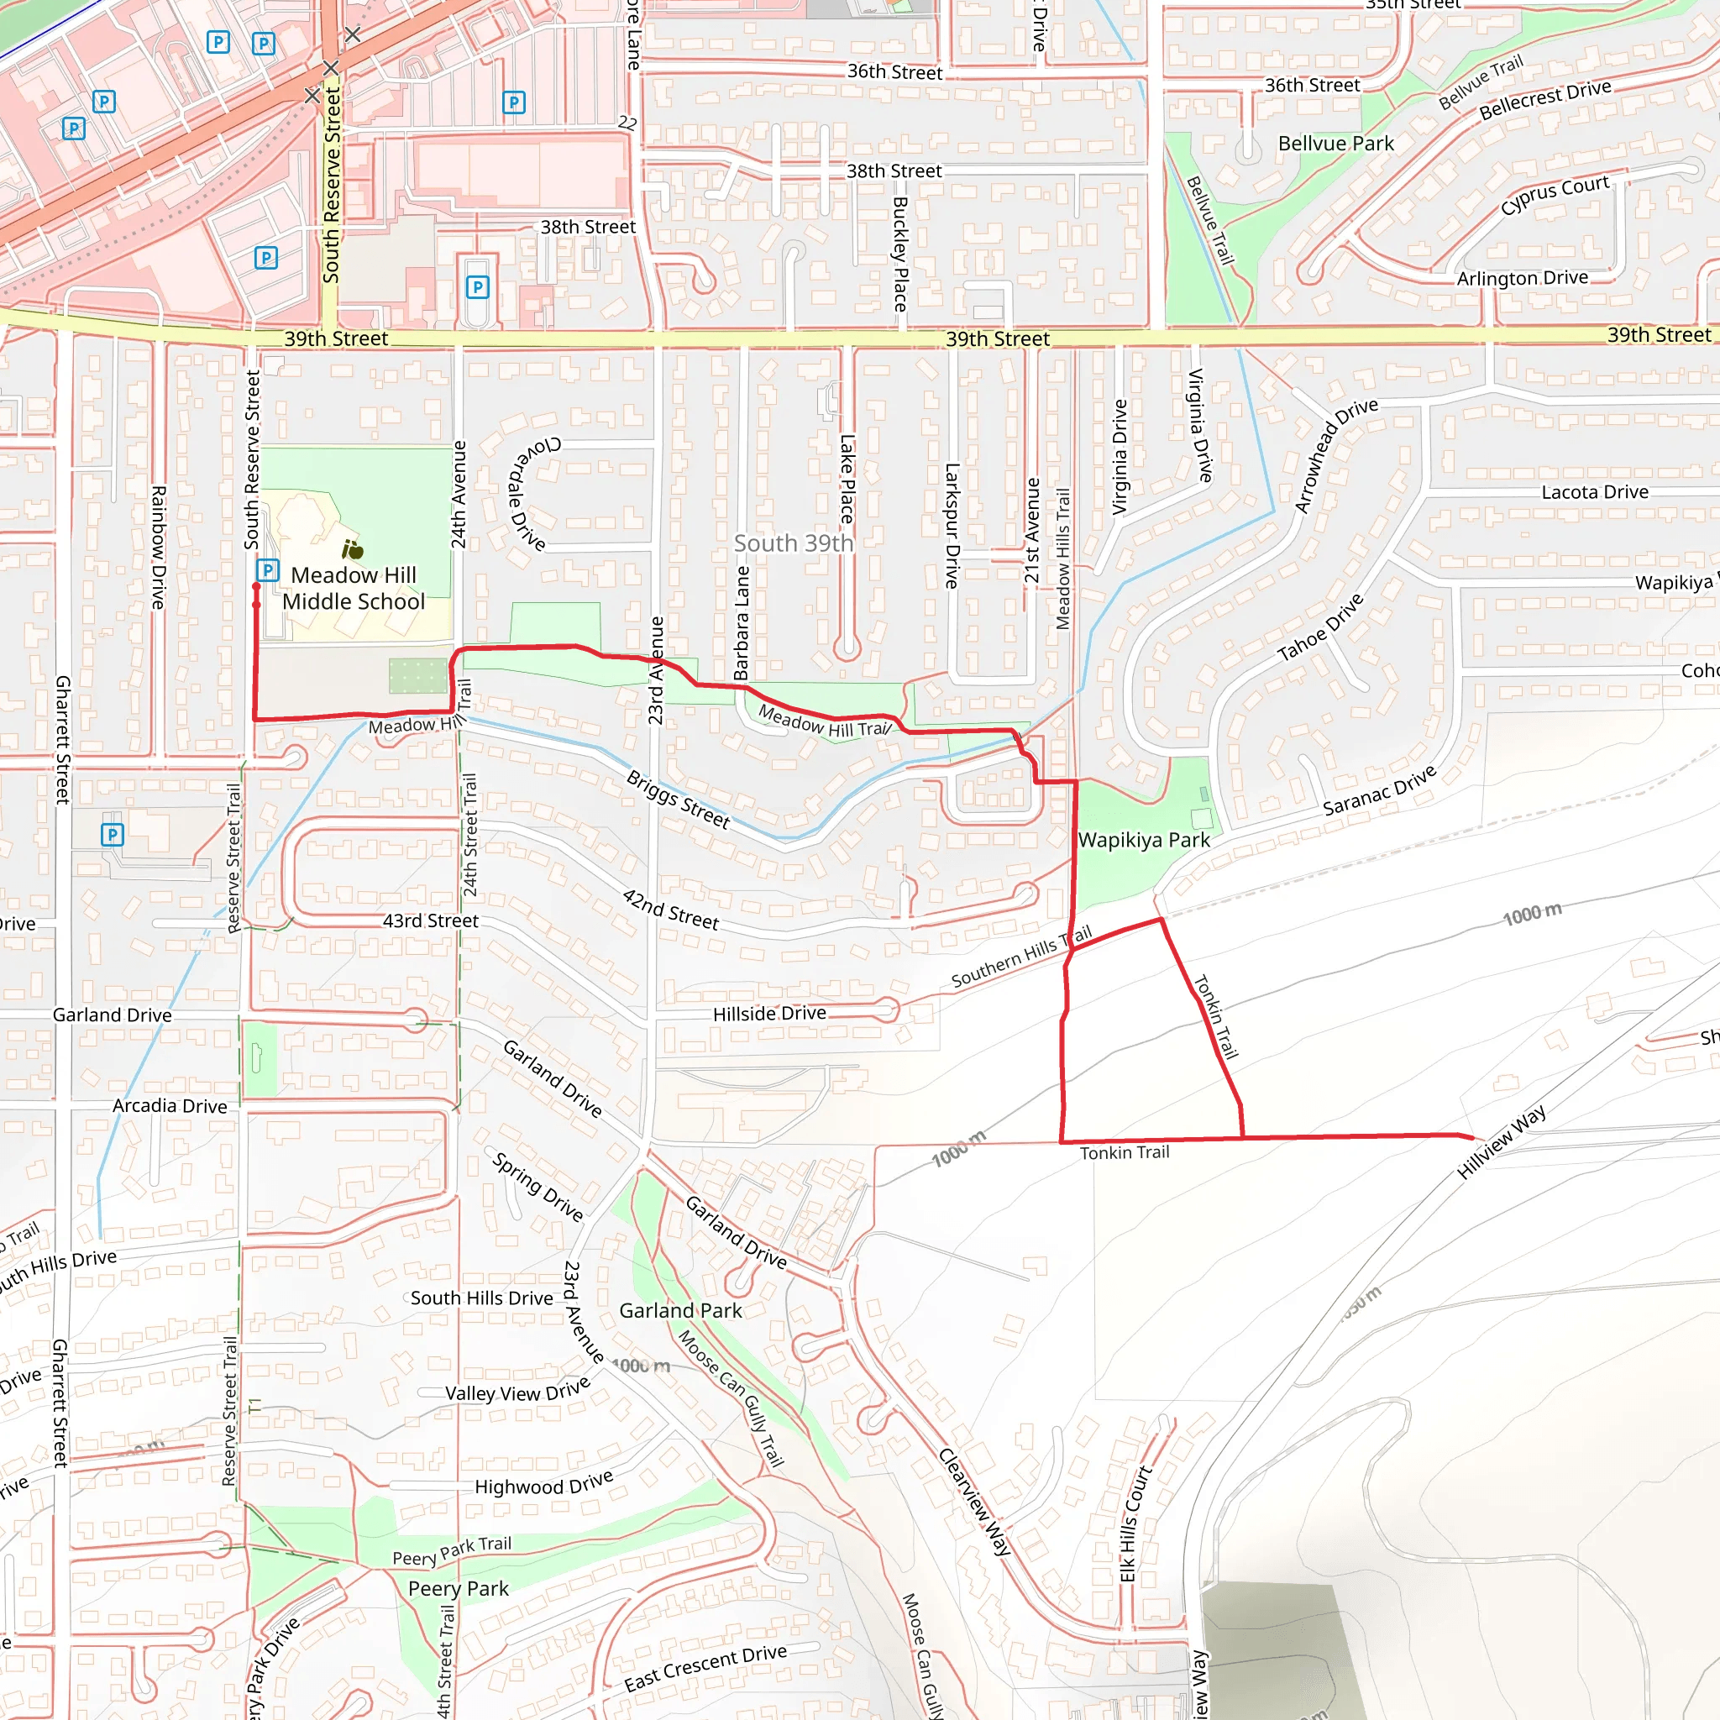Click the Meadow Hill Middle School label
[354, 589]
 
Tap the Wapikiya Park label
[1144, 841]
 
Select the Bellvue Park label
[1335, 144]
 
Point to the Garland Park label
[680, 1310]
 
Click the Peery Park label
[458, 1588]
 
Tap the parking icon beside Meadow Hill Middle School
[267, 569]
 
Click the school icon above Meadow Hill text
[354, 549]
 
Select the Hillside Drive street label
[769, 1013]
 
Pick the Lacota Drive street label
[1595, 492]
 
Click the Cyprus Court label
[1555, 194]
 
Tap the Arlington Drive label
[1523, 279]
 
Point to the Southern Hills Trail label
[1021, 957]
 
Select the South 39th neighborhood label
[793, 543]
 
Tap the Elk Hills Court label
[1135, 1525]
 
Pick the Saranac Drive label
[1379, 790]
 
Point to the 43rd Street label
[431, 920]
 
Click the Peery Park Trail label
[453, 1550]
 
